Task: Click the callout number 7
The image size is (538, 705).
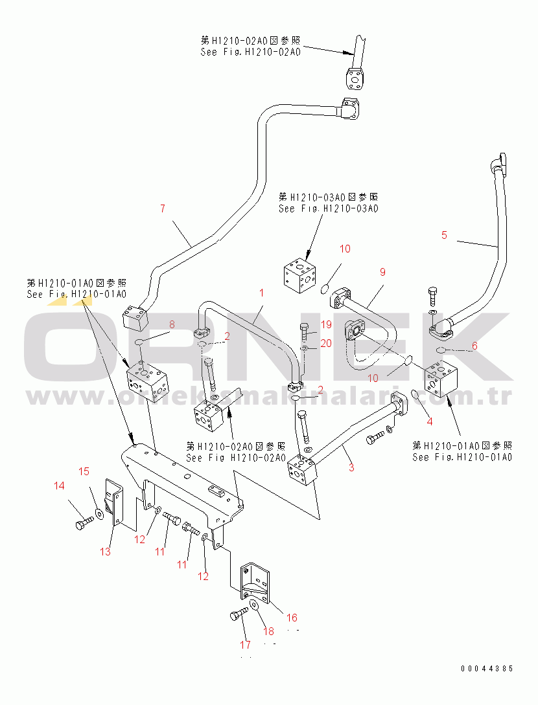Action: [x=163, y=208]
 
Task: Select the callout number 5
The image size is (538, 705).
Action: [x=444, y=236]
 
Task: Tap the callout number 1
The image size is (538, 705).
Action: [x=262, y=293]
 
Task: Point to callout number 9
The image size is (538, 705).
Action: [x=382, y=272]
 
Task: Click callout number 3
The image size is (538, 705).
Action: [x=351, y=467]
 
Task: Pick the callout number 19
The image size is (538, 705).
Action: [x=325, y=324]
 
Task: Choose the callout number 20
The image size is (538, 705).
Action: [x=325, y=343]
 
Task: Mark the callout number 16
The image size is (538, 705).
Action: [x=292, y=618]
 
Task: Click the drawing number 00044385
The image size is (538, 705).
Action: [x=487, y=669]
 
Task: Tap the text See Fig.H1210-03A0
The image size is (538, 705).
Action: [x=328, y=208]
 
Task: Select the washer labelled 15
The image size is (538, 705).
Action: [x=98, y=513]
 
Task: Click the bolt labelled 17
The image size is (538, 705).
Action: [x=237, y=616]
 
